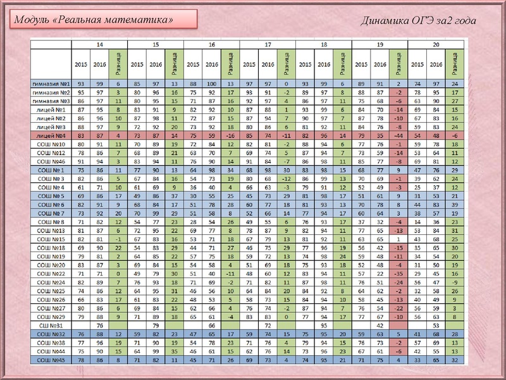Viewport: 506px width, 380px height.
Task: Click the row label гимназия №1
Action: coord(52,83)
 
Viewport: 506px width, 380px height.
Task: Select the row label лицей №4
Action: coord(52,135)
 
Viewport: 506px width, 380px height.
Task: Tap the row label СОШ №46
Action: coord(52,161)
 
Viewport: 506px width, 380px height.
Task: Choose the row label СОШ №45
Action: coord(52,360)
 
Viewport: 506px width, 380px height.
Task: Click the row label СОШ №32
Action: coord(52,334)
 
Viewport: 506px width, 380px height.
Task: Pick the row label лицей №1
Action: coord(52,109)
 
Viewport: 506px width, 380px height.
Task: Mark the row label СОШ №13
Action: coord(52,231)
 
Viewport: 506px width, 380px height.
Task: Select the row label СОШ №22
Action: coord(52,273)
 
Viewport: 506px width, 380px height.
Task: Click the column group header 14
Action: coord(100,45)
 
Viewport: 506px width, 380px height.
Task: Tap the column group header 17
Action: coord(268,45)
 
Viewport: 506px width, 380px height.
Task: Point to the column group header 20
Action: coord(436,45)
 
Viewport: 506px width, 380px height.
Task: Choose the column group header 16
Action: coord(211,45)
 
